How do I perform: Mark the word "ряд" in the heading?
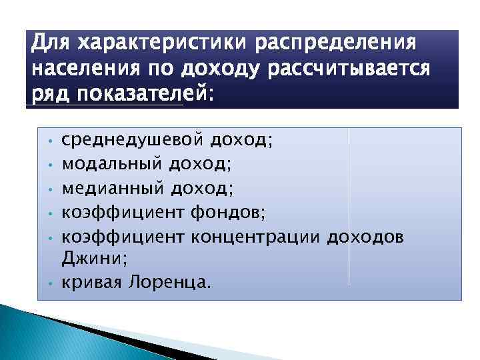pos(51,94)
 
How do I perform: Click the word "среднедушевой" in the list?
pos(131,139)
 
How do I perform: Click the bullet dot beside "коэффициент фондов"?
pos(50,214)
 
